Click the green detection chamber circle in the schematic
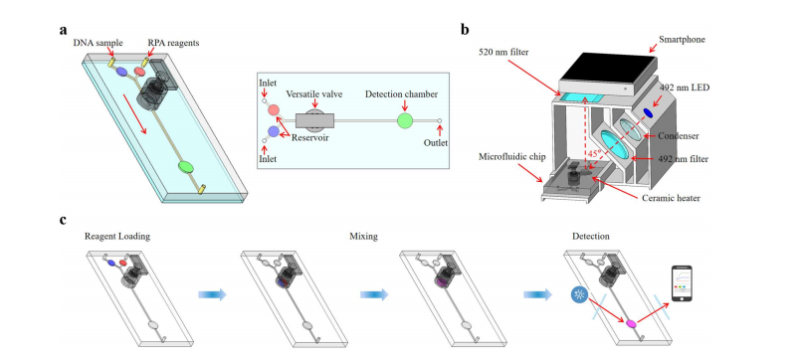point(405,120)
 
